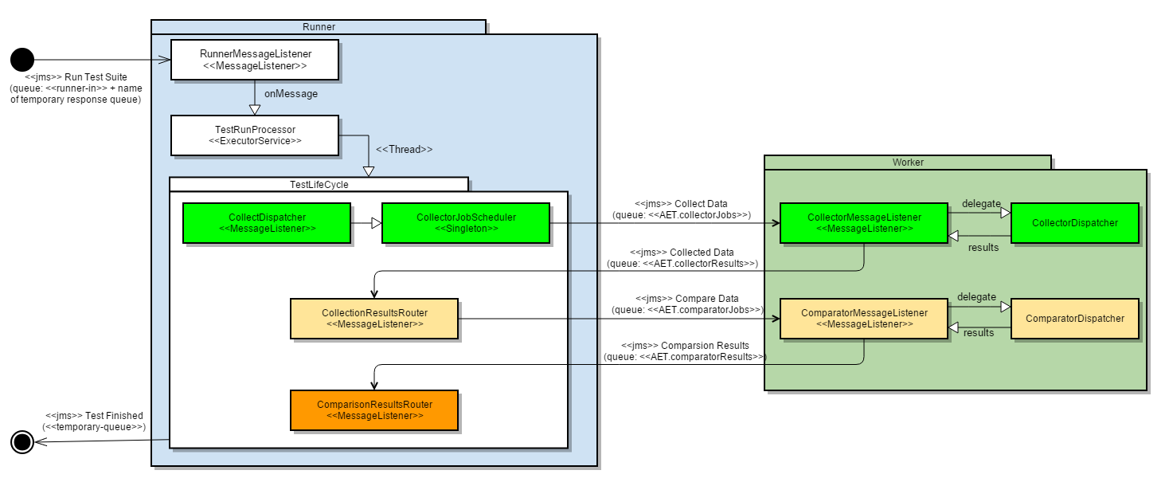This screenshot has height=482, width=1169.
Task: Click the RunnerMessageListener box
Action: [255, 60]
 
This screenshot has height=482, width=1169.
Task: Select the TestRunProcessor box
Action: [255, 135]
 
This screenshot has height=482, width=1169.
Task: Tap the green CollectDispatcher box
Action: [267, 223]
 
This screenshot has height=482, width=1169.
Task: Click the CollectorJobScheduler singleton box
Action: [466, 223]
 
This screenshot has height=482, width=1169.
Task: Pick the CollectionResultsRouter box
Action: [374, 319]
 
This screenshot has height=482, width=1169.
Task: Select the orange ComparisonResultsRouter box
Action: [374, 410]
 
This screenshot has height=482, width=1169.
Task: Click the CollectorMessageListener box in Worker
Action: [864, 223]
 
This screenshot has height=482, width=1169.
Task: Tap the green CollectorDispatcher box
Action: [1075, 223]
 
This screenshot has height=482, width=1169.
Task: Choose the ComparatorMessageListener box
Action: [864, 319]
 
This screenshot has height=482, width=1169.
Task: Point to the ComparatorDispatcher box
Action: [1075, 319]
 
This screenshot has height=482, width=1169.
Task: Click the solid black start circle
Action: [22, 60]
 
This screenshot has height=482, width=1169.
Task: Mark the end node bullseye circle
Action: [22, 441]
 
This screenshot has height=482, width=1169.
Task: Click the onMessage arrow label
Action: [291, 94]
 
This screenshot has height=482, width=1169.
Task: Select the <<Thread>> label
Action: [405, 149]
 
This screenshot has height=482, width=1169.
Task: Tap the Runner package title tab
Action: [319, 27]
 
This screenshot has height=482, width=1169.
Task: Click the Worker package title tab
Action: [908, 163]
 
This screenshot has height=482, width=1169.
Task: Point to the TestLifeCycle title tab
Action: [319, 184]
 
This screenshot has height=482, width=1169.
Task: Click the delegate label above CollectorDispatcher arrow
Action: [980, 204]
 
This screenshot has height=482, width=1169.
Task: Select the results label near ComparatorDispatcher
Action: [979, 332]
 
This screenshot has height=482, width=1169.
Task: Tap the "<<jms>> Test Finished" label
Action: [94, 415]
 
